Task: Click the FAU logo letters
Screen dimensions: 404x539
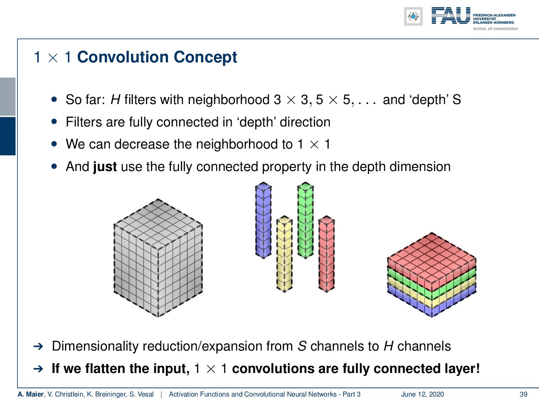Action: tap(451, 16)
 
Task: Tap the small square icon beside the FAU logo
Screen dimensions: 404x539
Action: tap(413, 16)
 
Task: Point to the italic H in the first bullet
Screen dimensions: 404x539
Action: tap(115, 100)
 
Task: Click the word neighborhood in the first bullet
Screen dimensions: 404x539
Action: tap(229, 100)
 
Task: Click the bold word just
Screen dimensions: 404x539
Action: tap(105, 167)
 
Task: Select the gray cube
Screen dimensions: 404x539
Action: tap(158, 258)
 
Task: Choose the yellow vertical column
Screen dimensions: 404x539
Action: tap(284, 254)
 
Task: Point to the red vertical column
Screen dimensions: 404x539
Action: tap(326, 254)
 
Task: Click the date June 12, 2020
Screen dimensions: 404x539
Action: tap(422, 394)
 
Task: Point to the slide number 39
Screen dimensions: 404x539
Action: tap(523, 394)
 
